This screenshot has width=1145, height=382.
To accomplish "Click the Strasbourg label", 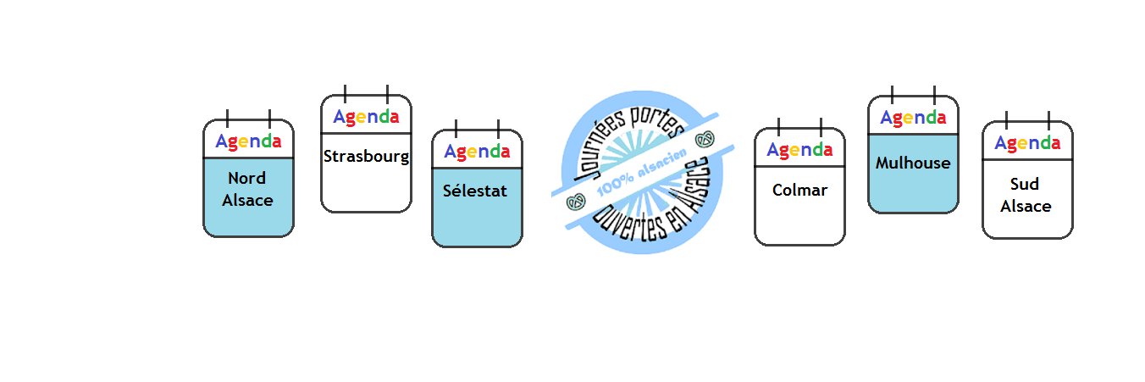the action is pyautogui.click(x=366, y=157).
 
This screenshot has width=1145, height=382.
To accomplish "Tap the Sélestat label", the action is pyautogui.click(x=475, y=191).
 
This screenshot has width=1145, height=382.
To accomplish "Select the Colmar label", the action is pyautogui.click(x=799, y=190).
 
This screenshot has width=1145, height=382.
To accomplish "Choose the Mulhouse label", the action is pyautogui.click(x=913, y=163).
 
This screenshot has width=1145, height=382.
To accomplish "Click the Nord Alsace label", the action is pyautogui.click(x=247, y=189).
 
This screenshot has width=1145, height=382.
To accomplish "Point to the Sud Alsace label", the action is pyautogui.click(x=1026, y=195).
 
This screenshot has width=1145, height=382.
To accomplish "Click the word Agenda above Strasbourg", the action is pyautogui.click(x=366, y=117).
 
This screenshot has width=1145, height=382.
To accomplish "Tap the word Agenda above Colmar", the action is pyautogui.click(x=799, y=150).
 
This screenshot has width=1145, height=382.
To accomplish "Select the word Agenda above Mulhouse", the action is pyautogui.click(x=913, y=118).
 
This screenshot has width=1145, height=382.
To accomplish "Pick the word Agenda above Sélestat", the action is pyautogui.click(x=477, y=152).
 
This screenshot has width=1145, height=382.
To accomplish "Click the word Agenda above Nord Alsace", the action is pyautogui.click(x=248, y=141).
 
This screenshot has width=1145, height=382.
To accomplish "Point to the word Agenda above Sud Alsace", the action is pyautogui.click(x=1027, y=143).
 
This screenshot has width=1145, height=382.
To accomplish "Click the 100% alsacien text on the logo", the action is pyautogui.click(x=641, y=172).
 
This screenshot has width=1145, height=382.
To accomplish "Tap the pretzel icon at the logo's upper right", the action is pyautogui.click(x=705, y=139).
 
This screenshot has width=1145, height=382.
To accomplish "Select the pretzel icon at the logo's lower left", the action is pyautogui.click(x=576, y=202).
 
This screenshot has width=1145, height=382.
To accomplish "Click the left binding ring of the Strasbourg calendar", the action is pyautogui.click(x=345, y=93).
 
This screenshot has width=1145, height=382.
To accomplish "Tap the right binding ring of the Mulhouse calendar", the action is pyautogui.click(x=934, y=95).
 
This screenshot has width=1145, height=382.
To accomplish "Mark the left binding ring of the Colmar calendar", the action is pyautogui.click(x=778, y=127).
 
